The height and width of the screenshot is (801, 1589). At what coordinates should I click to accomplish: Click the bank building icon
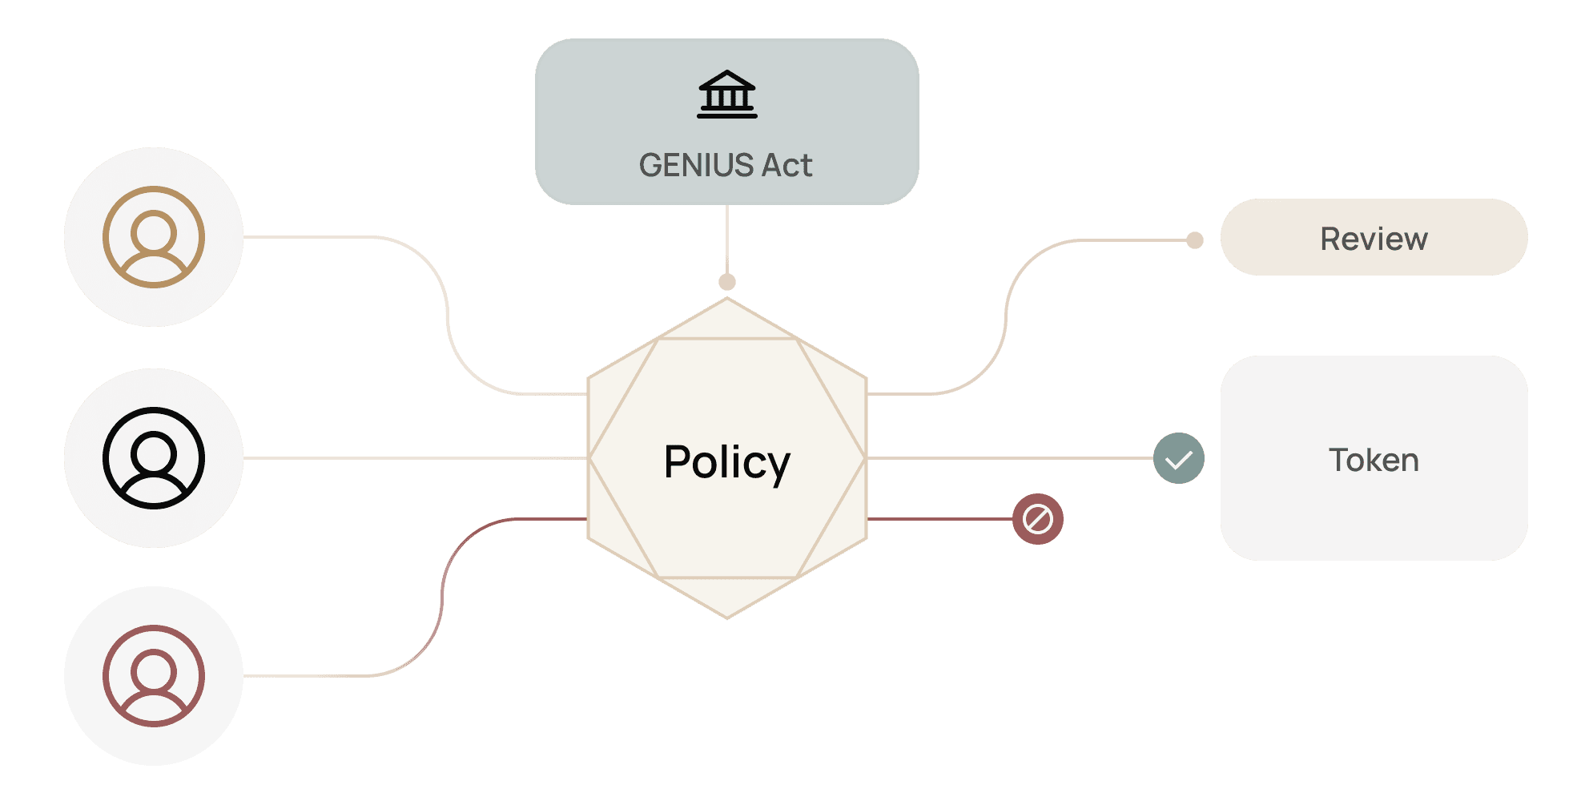coord(726,95)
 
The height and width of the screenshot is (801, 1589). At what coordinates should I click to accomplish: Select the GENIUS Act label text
coord(726,165)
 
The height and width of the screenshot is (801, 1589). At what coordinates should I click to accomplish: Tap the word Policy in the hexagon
coord(726,462)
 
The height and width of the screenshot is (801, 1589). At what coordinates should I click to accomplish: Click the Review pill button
coord(1374,238)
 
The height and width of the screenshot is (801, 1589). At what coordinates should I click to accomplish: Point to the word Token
coord(1374,461)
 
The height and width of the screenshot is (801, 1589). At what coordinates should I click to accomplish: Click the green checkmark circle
coord(1178,459)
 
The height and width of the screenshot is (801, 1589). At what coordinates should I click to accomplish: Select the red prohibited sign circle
coord(1037,519)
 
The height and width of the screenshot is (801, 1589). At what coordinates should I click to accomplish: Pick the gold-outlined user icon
coord(154,237)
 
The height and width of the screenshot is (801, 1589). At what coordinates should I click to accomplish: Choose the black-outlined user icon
coord(154,458)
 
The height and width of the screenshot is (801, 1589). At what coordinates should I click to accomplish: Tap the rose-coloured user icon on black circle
coord(154,676)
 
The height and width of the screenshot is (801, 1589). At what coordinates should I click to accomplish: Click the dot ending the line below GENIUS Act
coord(726,282)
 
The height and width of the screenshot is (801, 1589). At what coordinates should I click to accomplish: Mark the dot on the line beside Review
coord(1194,240)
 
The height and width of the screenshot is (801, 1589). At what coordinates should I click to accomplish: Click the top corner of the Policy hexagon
coord(726,300)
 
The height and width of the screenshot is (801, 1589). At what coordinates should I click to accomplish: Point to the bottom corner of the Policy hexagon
coord(726,617)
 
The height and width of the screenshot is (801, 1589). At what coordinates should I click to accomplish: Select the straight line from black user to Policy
coord(416,458)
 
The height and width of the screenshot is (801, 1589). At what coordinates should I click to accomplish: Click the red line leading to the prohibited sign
coord(937,519)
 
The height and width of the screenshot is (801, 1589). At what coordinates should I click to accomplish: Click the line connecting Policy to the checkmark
coord(1009,458)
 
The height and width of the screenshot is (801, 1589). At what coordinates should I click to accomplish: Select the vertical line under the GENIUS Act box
coord(726,240)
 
